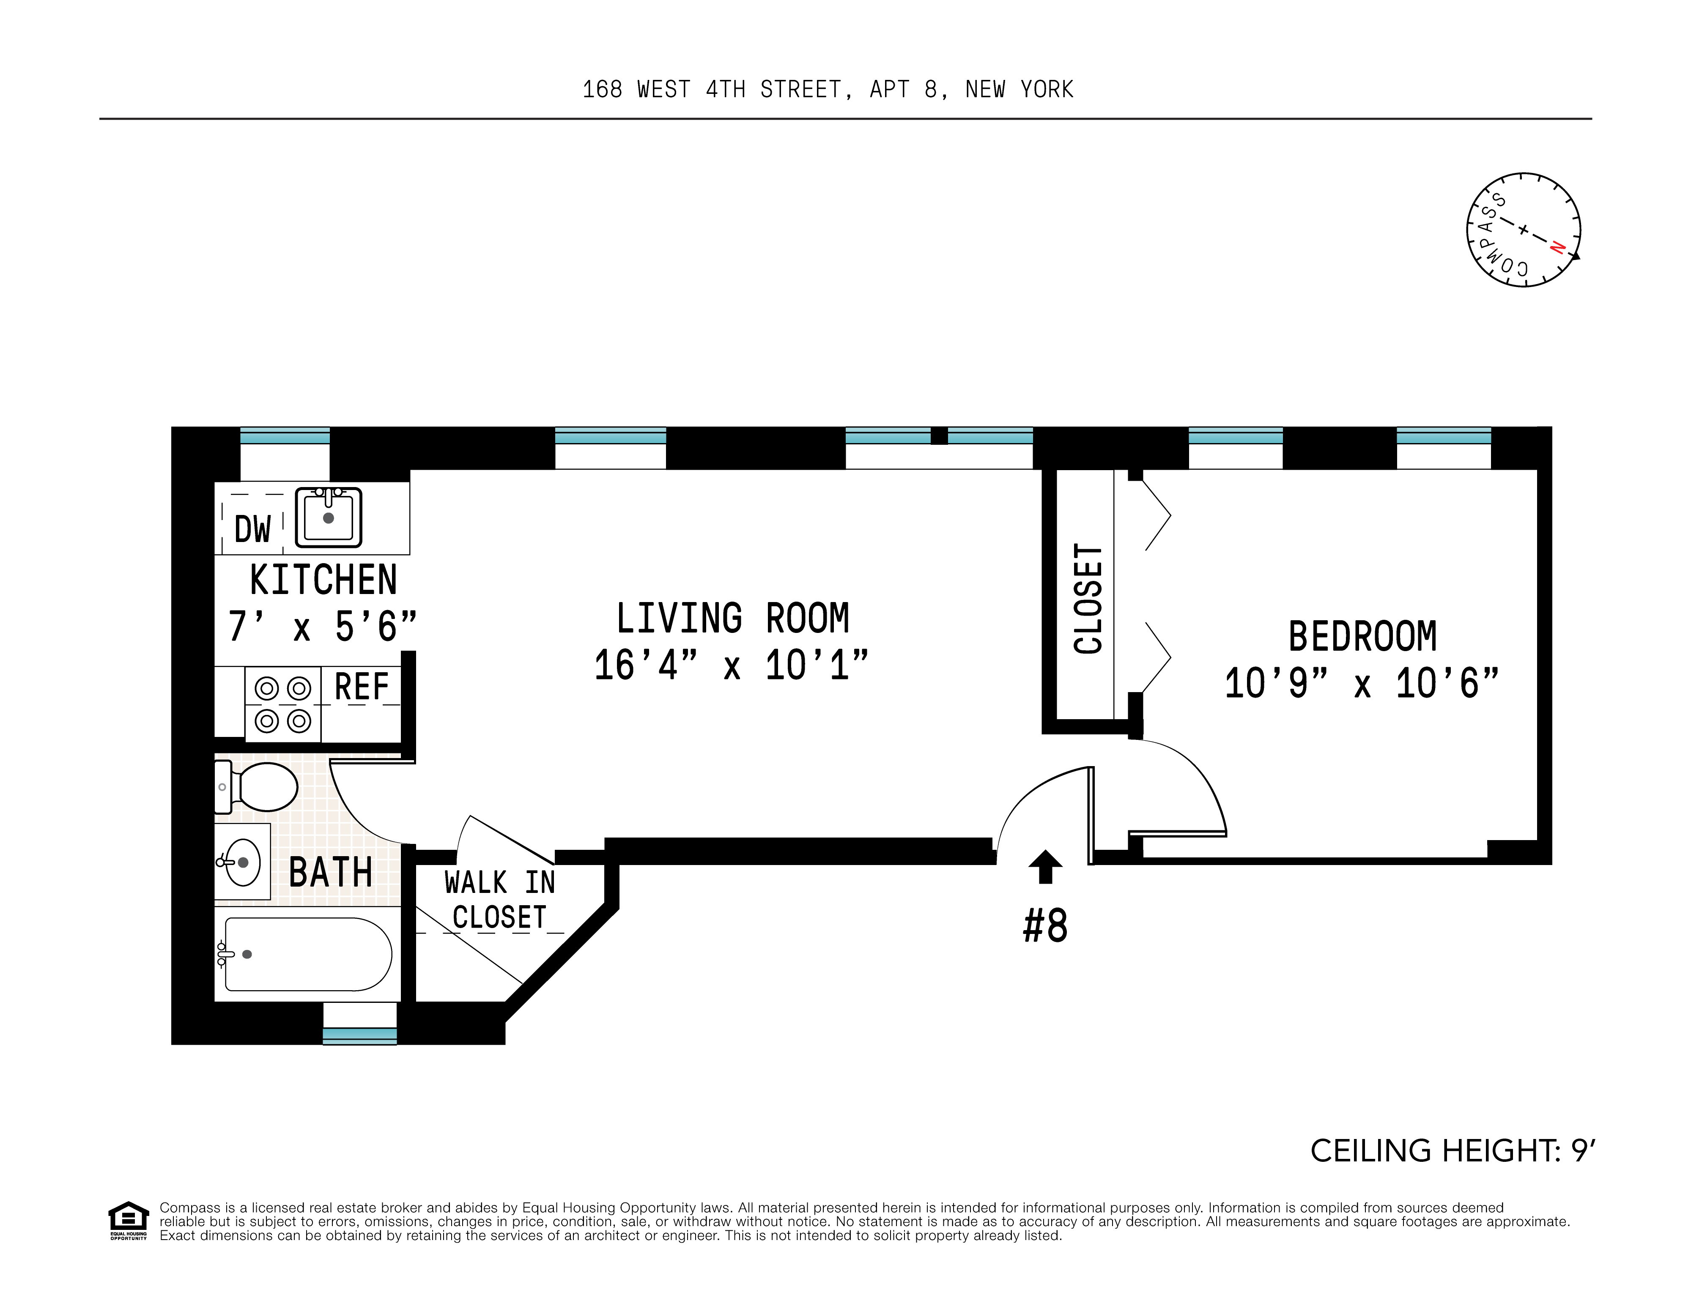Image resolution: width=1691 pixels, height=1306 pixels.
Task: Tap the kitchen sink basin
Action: (328, 517)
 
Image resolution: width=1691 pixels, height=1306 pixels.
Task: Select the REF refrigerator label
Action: (362, 687)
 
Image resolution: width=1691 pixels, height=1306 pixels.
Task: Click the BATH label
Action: (331, 873)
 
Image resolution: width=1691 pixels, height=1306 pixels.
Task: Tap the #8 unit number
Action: (1045, 926)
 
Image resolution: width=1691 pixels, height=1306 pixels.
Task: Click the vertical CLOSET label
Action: (1088, 598)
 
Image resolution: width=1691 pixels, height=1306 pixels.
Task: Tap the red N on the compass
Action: (1557, 248)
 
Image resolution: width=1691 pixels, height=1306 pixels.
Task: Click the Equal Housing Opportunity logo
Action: (128, 1221)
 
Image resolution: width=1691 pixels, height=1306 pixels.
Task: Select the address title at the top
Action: (828, 90)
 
